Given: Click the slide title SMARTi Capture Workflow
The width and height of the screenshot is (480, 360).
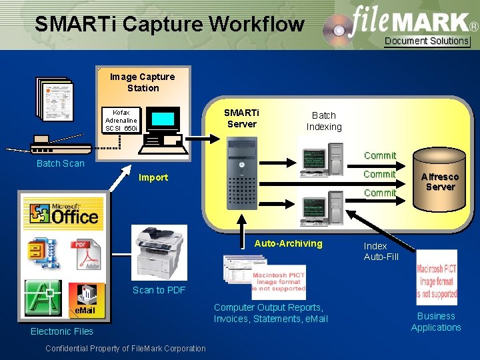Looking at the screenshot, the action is [x=169, y=25].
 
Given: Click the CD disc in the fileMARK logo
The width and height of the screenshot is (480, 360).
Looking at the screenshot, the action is [x=339, y=29].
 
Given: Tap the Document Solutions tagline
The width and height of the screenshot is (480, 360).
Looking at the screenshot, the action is [x=427, y=41].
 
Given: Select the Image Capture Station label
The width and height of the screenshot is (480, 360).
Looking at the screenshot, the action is [x=143, y=82].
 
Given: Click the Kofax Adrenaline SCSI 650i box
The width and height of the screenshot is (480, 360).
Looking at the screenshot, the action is [x=121, y=120].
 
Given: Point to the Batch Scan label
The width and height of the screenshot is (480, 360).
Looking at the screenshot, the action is [x=60, y=163].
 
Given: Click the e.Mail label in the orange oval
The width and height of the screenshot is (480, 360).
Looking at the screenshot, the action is [x=85, y=311].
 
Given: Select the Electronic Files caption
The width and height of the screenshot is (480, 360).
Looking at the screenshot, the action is [x=62, y=331].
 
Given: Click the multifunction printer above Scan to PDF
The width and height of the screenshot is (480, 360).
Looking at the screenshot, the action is [x=159, y=253].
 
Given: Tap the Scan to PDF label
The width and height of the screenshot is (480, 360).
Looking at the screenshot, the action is [x=159, y=290].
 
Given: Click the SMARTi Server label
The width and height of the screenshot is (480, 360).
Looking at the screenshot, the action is [x=242, y=119].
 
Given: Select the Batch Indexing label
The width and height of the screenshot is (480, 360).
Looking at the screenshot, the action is [x=324, y=121].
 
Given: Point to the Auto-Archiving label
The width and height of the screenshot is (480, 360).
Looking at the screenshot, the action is [x=288, y=243].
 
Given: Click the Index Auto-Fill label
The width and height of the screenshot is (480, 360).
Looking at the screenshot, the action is [x=381, y=251].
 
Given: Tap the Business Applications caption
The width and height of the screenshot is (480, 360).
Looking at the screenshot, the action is [x=436, y=321].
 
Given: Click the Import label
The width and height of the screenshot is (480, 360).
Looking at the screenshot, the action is [x=153, y=177].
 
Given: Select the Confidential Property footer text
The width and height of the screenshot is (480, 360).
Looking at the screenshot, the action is [x=125, y=348].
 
